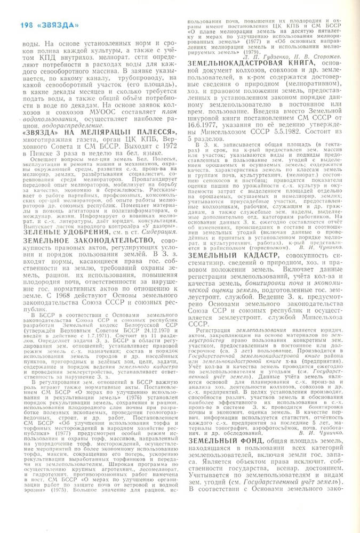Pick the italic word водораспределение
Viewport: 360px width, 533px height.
(x=61, y=126)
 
